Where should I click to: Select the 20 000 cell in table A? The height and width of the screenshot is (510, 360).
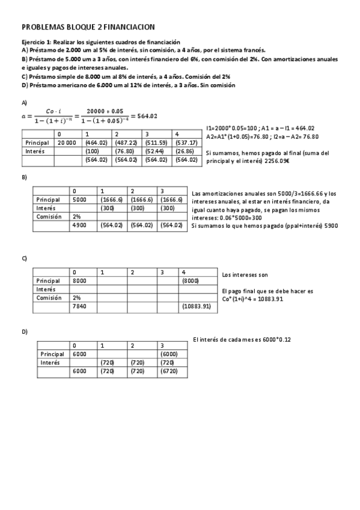(x=67, y=143)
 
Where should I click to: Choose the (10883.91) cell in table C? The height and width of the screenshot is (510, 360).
(x=195, y=306)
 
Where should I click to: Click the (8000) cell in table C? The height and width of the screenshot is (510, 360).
(x=191, y=280)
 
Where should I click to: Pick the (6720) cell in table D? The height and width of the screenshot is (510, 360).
(x=171, y=372)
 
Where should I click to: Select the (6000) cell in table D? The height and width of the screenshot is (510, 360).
(x=171, y=354)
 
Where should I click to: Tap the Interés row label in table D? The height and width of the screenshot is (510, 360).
(x=50, y=363)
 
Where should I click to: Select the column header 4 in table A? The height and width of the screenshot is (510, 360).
(x=177, y=134)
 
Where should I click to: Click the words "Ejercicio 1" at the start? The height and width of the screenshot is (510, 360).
(x=35, y=43)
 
